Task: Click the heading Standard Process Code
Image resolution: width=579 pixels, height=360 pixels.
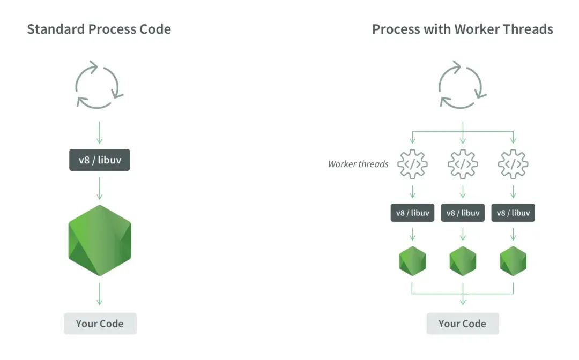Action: pos(99,29)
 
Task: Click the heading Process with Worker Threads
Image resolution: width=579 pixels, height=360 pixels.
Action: pos(462,29)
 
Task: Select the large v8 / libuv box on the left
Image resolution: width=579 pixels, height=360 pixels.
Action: pos(100,160)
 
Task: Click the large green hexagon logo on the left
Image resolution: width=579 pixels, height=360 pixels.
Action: pos(100,241)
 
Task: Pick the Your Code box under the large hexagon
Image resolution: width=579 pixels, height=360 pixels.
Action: pos(100,324)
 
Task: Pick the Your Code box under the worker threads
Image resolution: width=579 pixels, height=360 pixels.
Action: pos(463,324)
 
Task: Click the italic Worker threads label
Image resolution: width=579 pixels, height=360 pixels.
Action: pos(358,164)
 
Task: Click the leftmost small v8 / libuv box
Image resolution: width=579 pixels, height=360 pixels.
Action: pos(412,213)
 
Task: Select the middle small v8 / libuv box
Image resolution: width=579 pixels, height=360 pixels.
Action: pos(463,213)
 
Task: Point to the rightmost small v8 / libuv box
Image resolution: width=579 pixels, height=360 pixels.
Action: pos(513,213)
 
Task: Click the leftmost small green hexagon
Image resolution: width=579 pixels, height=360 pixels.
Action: pos(412,261)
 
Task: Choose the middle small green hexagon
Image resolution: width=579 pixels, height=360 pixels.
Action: pos(463,261)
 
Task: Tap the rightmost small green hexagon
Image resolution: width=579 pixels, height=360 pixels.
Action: pos(513,261)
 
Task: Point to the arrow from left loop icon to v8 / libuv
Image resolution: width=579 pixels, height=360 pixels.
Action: pos(99,132)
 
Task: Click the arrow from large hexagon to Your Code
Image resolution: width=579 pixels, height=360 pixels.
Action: pos(99,294)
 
